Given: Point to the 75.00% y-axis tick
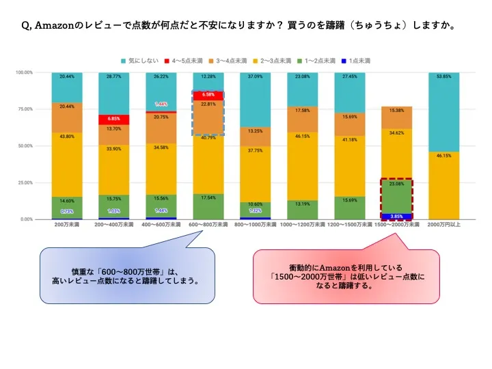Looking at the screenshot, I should pos(26,109).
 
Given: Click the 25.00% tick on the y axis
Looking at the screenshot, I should pos(26,182).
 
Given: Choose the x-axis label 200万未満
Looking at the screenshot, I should pos(67,225).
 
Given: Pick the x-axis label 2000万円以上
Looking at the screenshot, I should pos(442,225).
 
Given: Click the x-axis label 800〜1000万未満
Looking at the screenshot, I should pos(256,225).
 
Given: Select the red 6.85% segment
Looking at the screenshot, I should pos(114,119).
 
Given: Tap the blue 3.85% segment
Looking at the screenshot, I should pos(397,217).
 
